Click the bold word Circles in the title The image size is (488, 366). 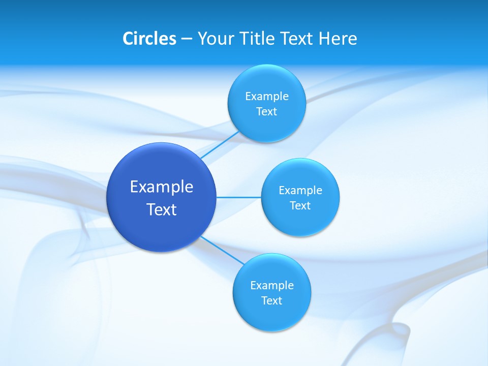click(x=149, y=38)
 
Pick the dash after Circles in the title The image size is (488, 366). click(x=187, y=39)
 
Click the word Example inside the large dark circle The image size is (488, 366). click(x=162, y=187)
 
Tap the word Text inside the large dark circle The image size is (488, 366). click(x=162, y=209)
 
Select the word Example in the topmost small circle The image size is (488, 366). click(x=267, y=96)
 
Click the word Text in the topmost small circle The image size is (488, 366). click(x=267, y=111)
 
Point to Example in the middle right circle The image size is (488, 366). click(x=300, y=190)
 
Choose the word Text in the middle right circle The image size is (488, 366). click(x=300, y=205)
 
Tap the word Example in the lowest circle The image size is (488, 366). click(x=272, y=285)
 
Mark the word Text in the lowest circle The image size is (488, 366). click(x=272, y=300)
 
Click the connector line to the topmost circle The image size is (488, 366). click(x=220, y=145)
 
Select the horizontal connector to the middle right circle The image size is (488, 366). click(x=238, y=197)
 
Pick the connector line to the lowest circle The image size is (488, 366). click(x=222, y=250)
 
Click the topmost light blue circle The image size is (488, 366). click(x=267, y=125)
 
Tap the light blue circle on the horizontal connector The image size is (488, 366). click(x=300, y=221)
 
